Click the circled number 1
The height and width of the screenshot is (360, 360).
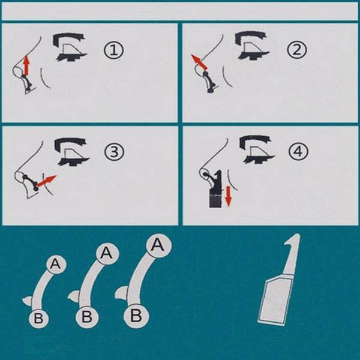pos(113,50)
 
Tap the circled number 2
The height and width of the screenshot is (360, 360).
pos(296,50)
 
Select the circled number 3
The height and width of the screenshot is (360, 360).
pos(114,152)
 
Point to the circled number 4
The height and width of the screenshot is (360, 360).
pos(298,152)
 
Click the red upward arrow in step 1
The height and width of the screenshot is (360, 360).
pos(27,65)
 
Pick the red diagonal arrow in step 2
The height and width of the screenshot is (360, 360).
pos(199,62)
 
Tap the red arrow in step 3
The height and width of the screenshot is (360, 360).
pos(47,181)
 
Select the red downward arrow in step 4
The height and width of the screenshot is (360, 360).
pos(228,196)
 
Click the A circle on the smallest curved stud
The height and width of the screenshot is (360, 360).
pos(56,264)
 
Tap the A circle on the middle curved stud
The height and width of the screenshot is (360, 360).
pos(107,253)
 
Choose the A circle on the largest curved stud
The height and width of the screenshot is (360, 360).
pos(158,245)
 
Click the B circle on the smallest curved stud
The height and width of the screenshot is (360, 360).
pos(38,319)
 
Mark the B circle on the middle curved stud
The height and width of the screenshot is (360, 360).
pos(86,317)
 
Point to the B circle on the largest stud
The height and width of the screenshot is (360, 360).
pos(136,316)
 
